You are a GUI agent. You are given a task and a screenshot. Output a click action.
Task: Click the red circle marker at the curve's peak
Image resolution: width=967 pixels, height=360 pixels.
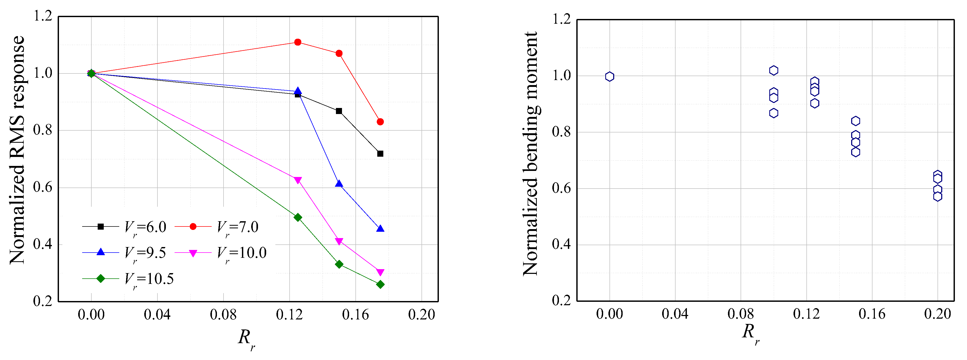point(298,42)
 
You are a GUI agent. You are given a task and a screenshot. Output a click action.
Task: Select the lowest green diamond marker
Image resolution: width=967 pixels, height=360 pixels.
point(380,284)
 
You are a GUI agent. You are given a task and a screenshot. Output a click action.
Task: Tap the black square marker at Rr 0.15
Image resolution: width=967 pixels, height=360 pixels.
point(339,111)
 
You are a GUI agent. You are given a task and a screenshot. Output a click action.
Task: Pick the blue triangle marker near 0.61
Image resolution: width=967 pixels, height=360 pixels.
point(339,184)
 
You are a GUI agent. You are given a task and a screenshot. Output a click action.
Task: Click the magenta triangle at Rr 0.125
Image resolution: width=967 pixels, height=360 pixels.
point(298,180)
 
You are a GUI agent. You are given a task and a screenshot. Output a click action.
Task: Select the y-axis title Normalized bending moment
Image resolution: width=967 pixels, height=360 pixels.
point(530,154)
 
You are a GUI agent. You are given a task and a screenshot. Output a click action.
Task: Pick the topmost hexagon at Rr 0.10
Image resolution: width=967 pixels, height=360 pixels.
point(773,71)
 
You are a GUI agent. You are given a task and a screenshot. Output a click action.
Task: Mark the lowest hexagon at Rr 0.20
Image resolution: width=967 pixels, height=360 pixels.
point(937,196)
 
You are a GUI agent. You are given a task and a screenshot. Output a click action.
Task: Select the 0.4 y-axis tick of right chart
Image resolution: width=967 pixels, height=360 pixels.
point(561,244)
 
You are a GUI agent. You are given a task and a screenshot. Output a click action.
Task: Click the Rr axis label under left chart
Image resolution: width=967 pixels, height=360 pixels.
point(246,338)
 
